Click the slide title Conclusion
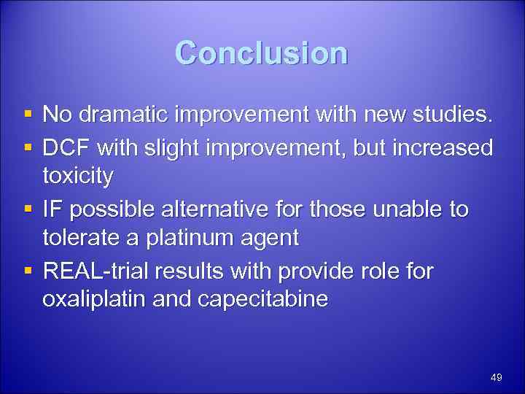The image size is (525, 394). (x=262, y=53)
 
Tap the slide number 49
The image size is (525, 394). (x=497, y=377)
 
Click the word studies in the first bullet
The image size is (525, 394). (x=453, y=115)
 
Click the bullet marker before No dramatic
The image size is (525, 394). (x=26, y=115)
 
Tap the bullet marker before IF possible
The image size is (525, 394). (x=26, y=210)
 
